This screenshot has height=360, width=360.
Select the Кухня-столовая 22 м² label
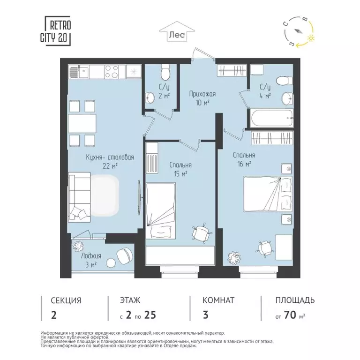coord(110,161)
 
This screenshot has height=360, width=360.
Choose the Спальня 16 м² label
coord(244,159)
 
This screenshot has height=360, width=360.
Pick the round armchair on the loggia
coord(124,255)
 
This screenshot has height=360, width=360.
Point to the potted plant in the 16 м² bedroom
coord(232,256)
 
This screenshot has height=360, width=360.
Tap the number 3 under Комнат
coord(205,315)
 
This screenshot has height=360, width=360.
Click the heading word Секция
coord(66,300)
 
